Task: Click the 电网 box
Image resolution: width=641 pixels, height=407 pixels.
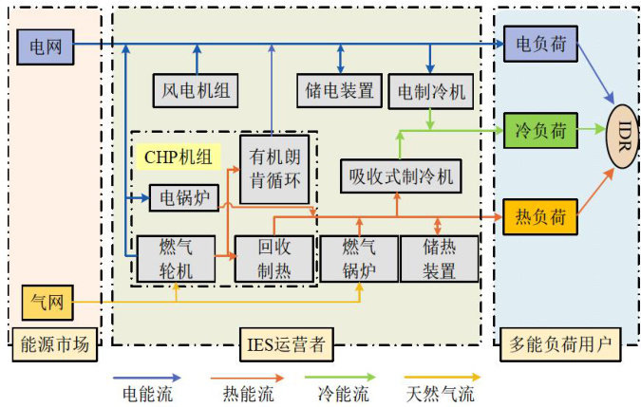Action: (46, 46)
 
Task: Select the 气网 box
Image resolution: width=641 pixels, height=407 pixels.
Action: (47, 303)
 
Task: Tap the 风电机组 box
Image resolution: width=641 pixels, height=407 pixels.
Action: (196, 91)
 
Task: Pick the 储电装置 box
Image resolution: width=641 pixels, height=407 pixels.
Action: (339, 91)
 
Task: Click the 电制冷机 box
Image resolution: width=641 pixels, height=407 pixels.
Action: (431, 91)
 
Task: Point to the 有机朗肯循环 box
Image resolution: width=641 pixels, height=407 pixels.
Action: (274, 170)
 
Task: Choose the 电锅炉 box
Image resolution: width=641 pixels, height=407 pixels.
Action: (184, 198)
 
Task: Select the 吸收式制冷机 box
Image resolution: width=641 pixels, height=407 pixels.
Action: (401, 176)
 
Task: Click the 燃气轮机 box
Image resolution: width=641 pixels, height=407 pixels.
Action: (176, 259)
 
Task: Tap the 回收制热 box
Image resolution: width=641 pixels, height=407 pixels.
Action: (274, 259)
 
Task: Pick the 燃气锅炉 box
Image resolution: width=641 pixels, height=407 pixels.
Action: (359, 259)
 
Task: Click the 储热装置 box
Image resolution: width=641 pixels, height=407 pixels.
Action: (440, 259)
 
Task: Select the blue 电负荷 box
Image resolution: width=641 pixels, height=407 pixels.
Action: (540, 44)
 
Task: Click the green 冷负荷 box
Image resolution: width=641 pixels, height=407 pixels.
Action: (540, 131)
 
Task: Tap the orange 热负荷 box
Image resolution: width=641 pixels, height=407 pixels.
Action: (540, 216)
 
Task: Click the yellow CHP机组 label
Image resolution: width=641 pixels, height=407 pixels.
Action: (179, 157)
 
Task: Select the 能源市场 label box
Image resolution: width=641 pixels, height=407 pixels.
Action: (55, 344)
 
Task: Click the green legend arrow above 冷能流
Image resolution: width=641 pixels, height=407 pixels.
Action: (340, 378)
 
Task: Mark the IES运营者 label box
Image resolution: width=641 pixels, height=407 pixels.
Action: (287, 344)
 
